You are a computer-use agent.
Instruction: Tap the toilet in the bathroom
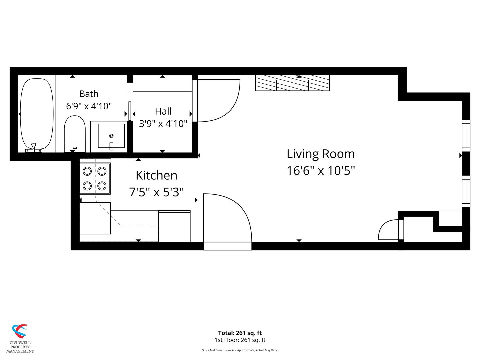[x=75, y=134]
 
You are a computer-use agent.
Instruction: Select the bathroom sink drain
[x=111, y=136]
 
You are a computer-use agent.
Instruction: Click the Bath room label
[x=89, y=94]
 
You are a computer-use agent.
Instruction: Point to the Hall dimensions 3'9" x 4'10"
[x=163, y=124]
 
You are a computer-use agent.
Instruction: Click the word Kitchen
[x=156, y=175]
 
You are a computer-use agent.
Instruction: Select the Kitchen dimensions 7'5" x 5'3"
[x=156, y=192]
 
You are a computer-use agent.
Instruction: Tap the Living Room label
[x=321, y=154]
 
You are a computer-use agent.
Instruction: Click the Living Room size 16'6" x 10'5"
[x=321, y=170]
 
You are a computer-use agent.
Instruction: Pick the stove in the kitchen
[x=95, y=178]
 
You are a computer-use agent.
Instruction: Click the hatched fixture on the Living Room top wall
[x=292, y=83]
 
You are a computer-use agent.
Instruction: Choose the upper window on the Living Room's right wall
[x=466, y=136]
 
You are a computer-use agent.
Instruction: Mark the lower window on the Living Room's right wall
[x=466, y=191]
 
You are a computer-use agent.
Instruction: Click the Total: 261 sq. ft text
[x=240, y=333]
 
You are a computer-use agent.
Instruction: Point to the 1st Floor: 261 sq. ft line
[x=240, y=340]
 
